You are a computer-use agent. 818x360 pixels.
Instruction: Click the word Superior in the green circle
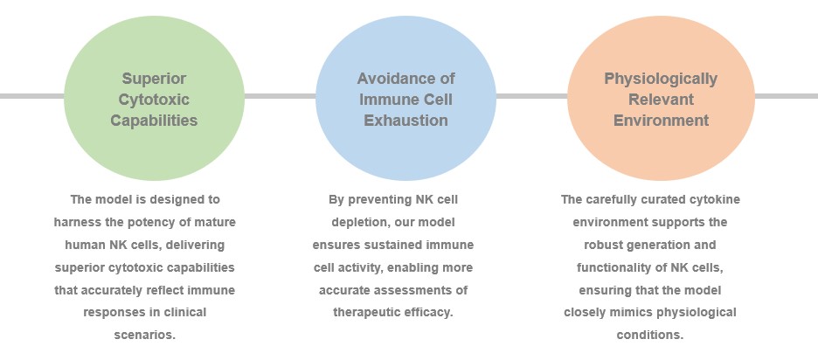154,79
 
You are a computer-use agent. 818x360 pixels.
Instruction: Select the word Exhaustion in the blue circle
406,121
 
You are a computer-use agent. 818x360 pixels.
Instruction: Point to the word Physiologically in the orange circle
661,80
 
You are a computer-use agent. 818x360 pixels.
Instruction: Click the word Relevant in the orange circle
661,100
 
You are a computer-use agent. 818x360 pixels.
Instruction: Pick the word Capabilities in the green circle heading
154,121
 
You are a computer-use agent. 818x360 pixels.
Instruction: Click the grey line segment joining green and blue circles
281,96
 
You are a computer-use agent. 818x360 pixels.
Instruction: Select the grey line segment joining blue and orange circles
531,96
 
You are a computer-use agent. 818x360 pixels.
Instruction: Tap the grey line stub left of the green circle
31,96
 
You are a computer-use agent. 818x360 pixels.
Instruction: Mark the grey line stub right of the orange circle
787,96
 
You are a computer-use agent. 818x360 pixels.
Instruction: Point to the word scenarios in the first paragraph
145,335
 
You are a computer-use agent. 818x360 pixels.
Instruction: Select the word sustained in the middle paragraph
397,246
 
